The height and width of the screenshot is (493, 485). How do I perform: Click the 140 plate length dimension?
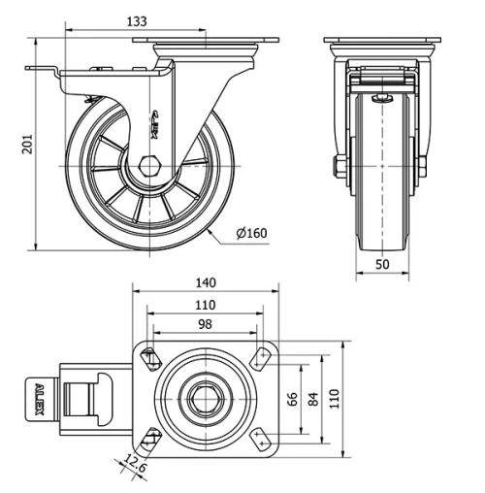[x=205, y=283]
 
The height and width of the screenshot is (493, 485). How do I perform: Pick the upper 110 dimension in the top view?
[x=205, y=305]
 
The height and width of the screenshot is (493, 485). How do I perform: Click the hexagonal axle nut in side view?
[x=149, y=166]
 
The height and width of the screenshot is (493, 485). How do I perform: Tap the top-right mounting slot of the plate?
[x=260, y=357]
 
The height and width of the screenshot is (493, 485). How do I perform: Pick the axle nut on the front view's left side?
[x=340, y=167]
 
